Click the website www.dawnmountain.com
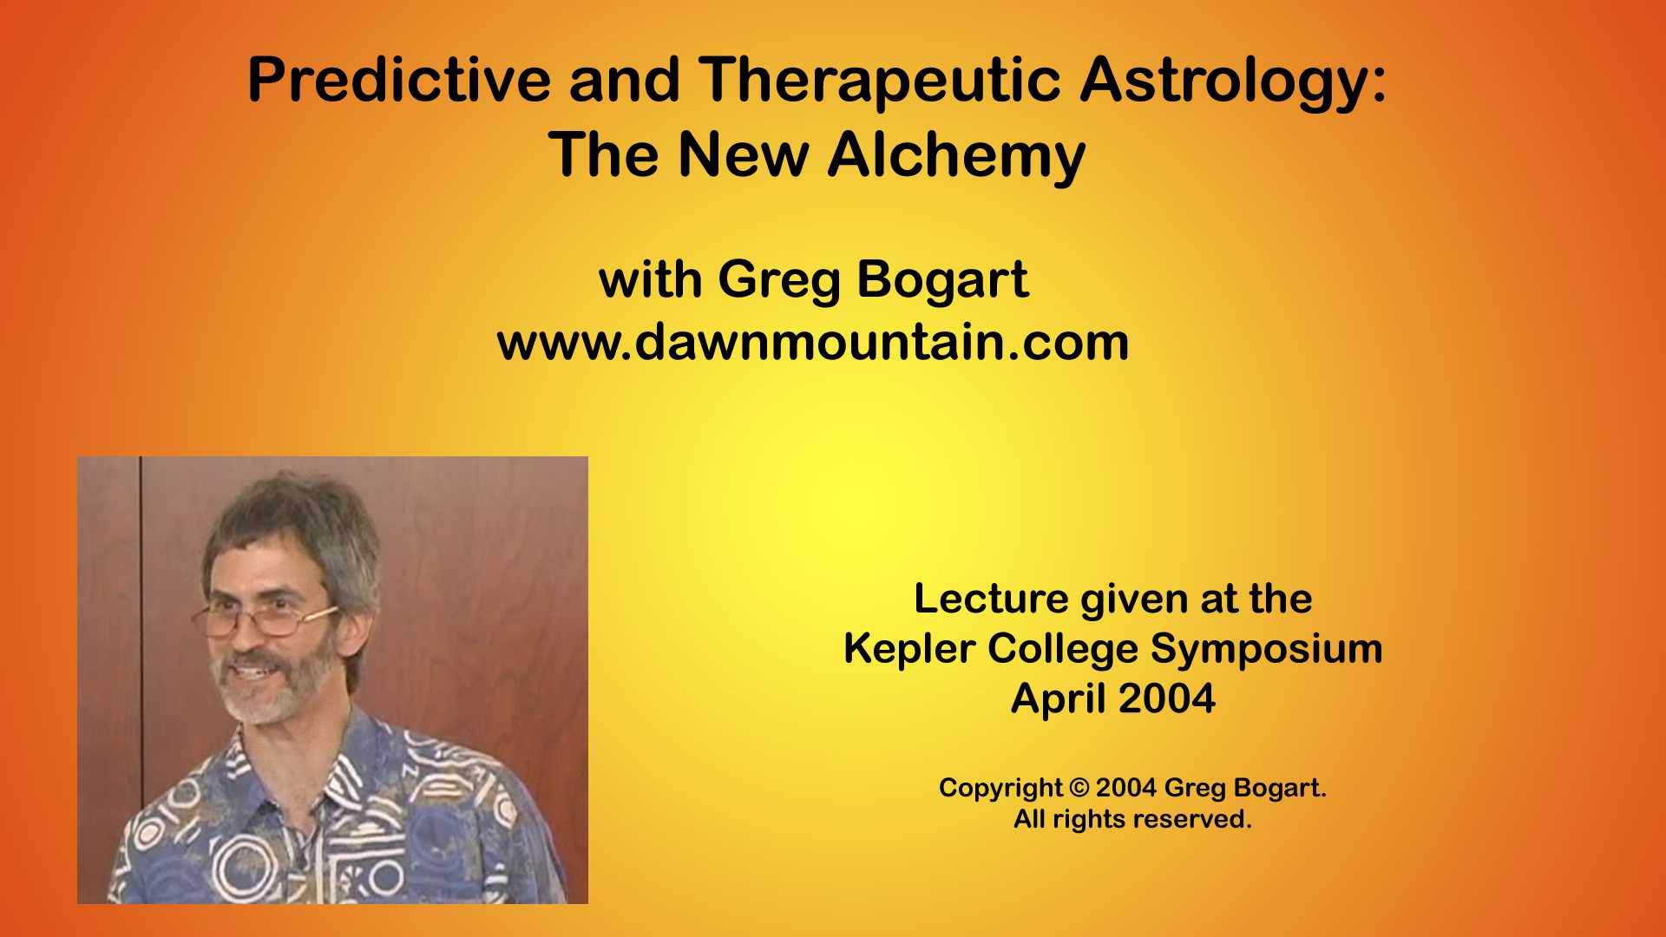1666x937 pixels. [813, 342]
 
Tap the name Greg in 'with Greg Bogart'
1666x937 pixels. [779, 281]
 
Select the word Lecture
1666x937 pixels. [991, 599]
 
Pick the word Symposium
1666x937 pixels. [1266, 649]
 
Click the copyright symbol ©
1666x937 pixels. [1079, 788]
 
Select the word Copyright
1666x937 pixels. [1000, 788]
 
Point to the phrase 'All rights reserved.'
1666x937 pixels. [1132, 819]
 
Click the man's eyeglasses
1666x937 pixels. [260, 618]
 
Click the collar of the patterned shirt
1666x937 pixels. [347, 772]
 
